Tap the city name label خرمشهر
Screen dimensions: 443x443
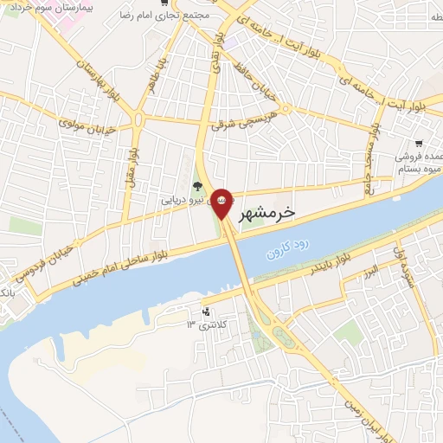pos(265,211)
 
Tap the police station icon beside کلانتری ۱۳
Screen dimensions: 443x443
pos(206,311)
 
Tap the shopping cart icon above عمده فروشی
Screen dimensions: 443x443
pos(419,143)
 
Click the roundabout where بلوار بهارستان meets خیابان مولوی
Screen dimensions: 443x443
pos(138,119)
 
